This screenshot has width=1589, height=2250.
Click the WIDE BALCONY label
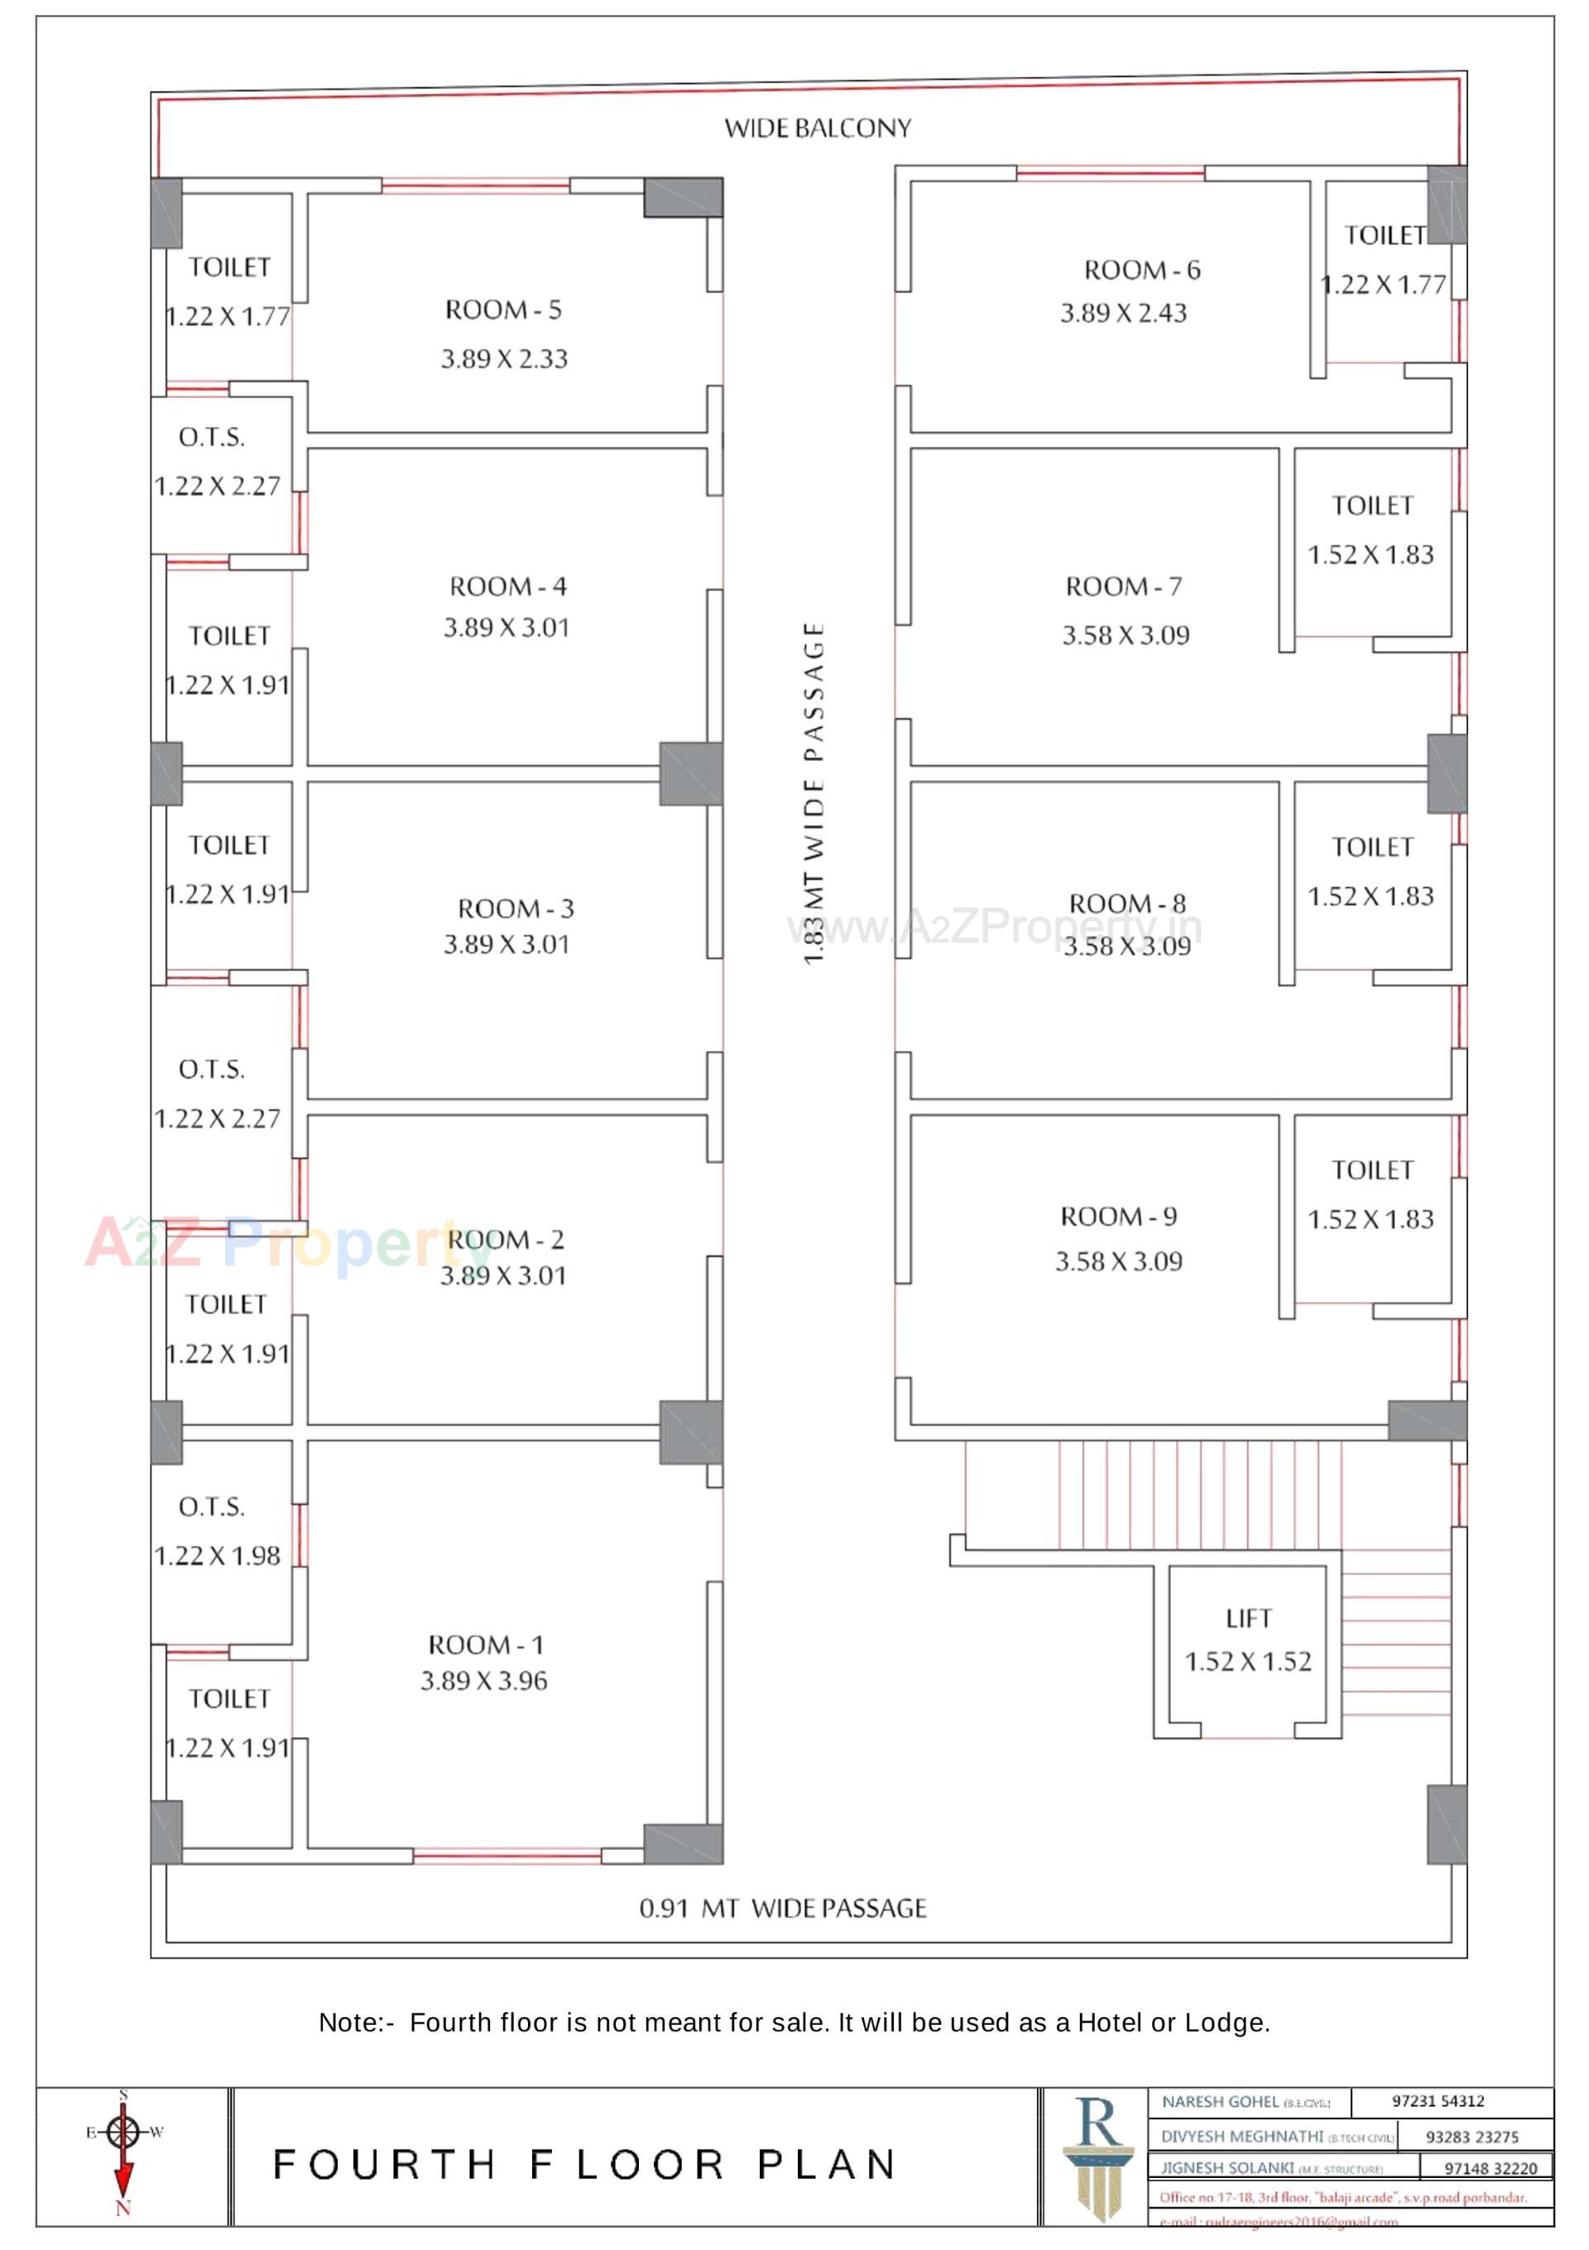tap(817, 128)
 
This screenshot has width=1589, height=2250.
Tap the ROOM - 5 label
tap(502, 310)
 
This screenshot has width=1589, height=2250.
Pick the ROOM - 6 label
tap(1141, 269)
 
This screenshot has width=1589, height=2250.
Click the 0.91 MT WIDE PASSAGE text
tap(782, 1907)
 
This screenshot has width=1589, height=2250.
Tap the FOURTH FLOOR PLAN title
tap(585, 2165)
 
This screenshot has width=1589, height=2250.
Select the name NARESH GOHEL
tap(1220, 2102)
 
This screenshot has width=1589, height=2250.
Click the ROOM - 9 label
tap(1118, 1217)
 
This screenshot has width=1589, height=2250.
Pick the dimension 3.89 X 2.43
tap(1123, 314)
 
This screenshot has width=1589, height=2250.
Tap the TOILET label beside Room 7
tap(1371, 506)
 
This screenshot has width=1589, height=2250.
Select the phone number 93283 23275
tap(1471, 2137)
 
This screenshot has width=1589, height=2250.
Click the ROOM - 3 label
tap(516, 908)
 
